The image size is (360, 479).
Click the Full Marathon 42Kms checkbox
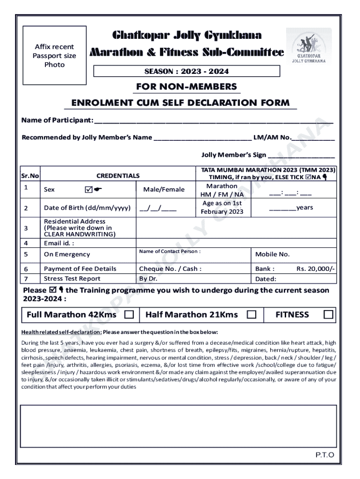129,315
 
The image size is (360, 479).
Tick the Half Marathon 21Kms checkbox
252,315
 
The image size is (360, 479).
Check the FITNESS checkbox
329,315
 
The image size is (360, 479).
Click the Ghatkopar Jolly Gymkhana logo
309,45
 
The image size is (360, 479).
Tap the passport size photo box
55,55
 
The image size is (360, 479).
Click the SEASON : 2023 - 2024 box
187,71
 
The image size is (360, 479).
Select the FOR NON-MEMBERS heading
186,87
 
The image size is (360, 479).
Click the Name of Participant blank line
214,122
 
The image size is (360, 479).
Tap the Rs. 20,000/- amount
316,269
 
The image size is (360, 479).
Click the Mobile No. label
272,254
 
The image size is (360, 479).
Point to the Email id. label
58,243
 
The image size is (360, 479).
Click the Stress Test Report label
72,279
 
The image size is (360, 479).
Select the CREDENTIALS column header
118,175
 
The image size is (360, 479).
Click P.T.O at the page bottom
324,455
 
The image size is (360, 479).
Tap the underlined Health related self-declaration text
61,332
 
